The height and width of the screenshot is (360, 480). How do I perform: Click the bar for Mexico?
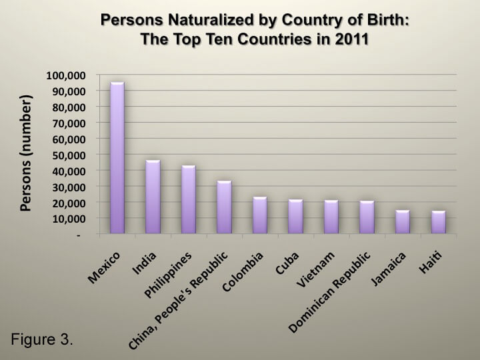point(117,158)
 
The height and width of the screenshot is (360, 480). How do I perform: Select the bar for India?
point(153,197)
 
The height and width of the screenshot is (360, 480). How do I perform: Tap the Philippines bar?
point(189,199)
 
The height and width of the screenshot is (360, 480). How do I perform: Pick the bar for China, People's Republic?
point(225,207)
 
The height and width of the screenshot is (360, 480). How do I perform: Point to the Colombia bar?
point(260,215)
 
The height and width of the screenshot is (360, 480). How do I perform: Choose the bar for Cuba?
point(296,217)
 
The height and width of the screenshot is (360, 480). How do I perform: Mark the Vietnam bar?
point(331,217)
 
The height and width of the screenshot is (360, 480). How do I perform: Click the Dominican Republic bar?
point(367,217)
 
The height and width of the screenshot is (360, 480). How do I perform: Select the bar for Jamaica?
point(403,222)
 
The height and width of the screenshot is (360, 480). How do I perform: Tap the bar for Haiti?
point(439,223)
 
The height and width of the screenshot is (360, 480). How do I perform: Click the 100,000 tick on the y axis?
point(66,75)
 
